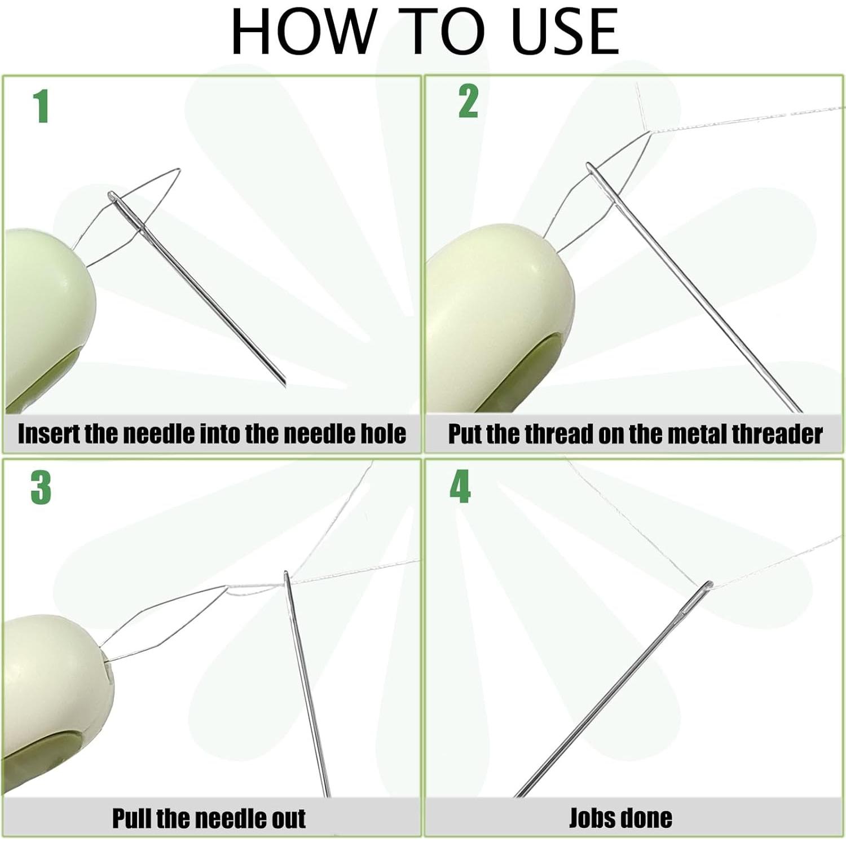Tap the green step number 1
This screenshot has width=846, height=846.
coord(41,105)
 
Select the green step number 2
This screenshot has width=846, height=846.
coord(468,101)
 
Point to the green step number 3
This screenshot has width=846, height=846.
coord(41,487)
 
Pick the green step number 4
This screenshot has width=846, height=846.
coord(460,486)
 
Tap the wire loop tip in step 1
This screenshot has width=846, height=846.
coord(179,169)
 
